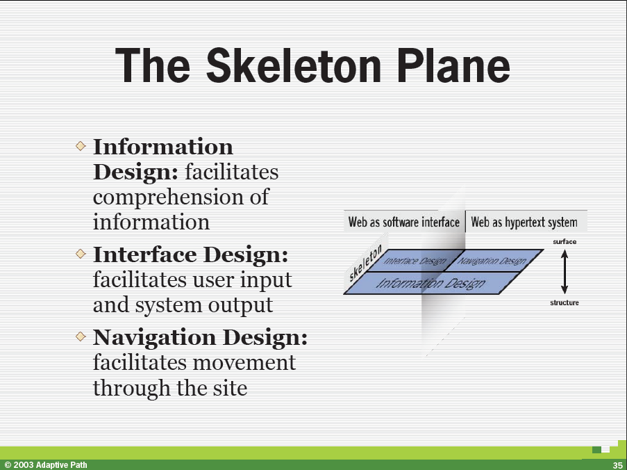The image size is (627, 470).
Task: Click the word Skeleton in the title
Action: point(294,65)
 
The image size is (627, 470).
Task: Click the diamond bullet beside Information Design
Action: point(81,146)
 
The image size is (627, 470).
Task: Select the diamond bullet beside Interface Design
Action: point(81,253)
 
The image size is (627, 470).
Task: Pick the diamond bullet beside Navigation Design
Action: point(81,337)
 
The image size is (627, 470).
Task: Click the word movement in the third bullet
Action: point(244,363)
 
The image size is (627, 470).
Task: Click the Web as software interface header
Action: point(404,222)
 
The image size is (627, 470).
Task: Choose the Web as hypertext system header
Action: point(524,222)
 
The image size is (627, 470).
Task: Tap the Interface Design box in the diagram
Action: point(415,261)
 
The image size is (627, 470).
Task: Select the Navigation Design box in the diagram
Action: point(493,261)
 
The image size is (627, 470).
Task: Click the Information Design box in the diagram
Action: point(431,283)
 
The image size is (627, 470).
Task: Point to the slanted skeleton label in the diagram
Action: point(365,264)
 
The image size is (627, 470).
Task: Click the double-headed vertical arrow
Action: point(565,272)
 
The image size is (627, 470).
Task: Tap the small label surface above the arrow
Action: point(565,242)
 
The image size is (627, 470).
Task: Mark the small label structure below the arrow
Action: point(565,302)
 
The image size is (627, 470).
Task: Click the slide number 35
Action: point(617,465)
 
